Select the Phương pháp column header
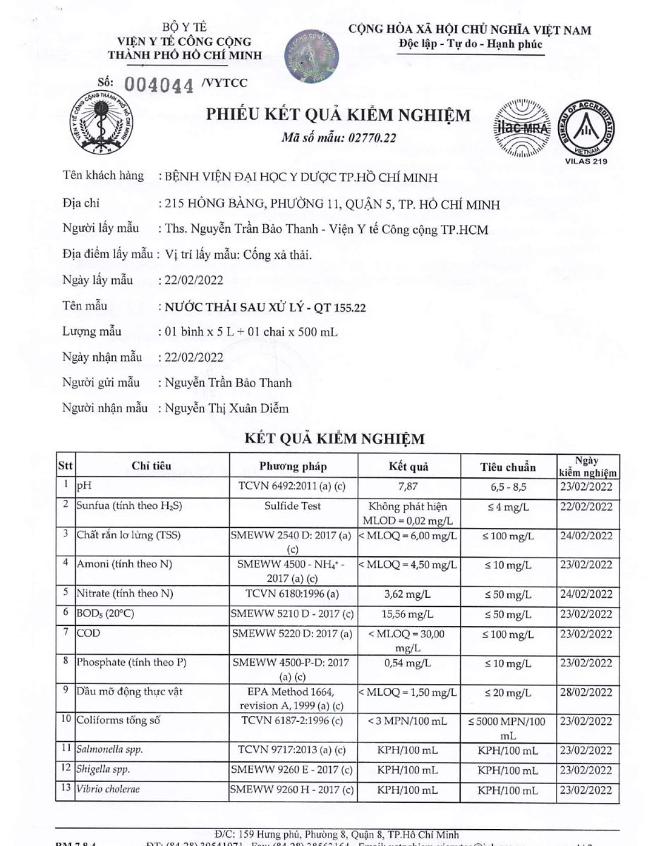coord(293,467)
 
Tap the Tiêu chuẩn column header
coord(507,467)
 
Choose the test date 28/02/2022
coord(586,692)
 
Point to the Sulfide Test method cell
coord(293,505)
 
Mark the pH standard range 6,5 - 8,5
coord(507,486)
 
